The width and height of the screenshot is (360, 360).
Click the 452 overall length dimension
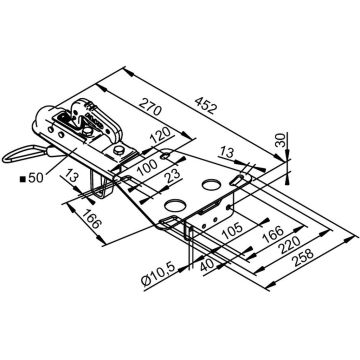coord(207,105)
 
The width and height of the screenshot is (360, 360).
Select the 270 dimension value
coord(150,107)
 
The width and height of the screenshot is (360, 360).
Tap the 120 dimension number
coord(162,136)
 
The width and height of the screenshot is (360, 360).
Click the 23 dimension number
coord(173,176)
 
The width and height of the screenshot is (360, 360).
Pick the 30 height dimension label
coord(281,140)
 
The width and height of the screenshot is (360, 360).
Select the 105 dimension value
coord(231,230)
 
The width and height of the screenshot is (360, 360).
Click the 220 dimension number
coord(289,245)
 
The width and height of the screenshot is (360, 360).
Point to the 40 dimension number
coord(207,266)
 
